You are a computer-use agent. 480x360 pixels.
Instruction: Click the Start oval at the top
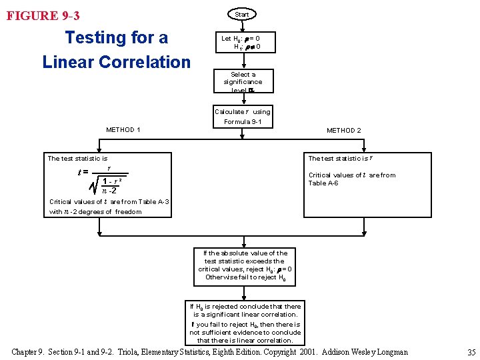[242, 14]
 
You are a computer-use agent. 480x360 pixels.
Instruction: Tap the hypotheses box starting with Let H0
[241, 43]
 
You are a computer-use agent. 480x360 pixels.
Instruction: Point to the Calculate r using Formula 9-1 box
[242, 117]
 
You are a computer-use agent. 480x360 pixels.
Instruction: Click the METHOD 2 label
[344, 131]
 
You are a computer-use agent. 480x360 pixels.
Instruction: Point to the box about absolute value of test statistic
[245, 265]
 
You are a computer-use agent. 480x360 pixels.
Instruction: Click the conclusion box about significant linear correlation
[245, 323]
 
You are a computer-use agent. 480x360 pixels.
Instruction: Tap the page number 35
[471, 352]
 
